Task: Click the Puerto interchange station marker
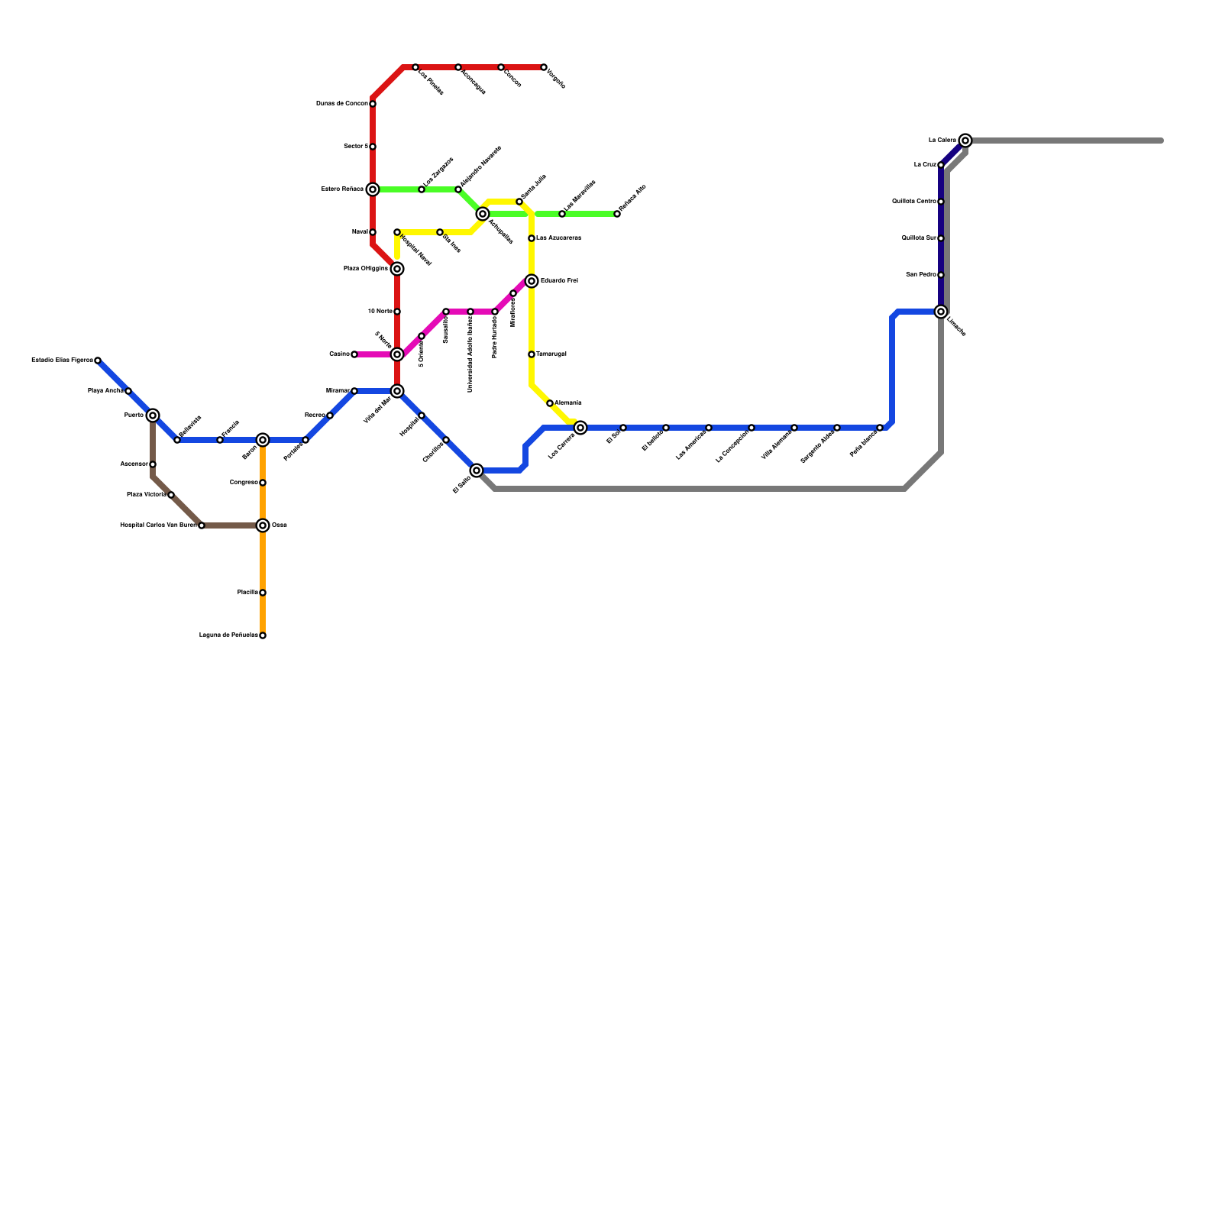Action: (x=153, y=415)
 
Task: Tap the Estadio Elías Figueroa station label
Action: (x=62, y=360)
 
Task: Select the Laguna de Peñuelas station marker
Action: (x=263, y=635)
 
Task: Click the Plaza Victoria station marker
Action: (x=171, y=495)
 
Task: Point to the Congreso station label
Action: (x=244, y=483)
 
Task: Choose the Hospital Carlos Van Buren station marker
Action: (x=201, y=525)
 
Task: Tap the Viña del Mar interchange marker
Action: (x=397, y=391)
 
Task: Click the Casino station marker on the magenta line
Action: (x=354, y=354)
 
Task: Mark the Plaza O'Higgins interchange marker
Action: (x=397, y=269)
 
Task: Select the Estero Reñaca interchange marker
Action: (x=373, y=189)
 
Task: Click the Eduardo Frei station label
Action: (x=559, y=281)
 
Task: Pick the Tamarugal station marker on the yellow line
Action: (x=532, y=354)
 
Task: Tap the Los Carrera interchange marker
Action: (x=580, y=428)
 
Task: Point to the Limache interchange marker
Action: (x=941, y=312)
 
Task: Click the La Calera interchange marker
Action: (x=965, y=141)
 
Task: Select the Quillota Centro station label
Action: (x=914, y=202)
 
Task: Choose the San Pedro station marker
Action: (x=941, y=275)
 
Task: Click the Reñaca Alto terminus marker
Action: (x=617, y=214)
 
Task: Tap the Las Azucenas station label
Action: (x=558, y=238)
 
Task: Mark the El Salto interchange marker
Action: (x=477, y=470)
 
